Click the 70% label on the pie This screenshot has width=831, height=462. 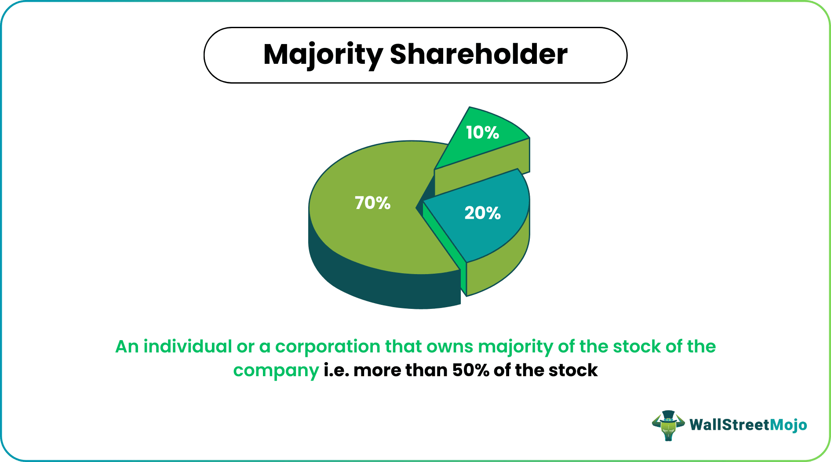(372, 203)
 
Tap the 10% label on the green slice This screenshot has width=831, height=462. (482, 132)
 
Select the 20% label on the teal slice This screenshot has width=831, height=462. (482, 213)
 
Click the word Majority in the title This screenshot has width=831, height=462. (323, 55)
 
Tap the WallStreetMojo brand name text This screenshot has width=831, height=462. (748, 425)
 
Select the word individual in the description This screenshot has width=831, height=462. (188, 346)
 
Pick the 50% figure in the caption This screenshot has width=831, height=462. (470, 370)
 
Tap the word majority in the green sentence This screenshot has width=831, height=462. (515, 347)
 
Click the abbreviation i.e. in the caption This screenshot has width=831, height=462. (336, 370)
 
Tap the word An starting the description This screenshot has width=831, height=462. (127, 346)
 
